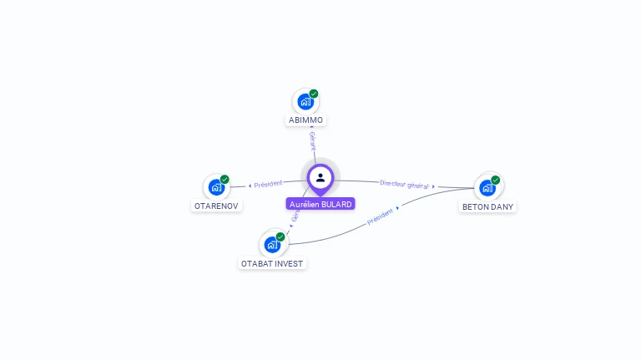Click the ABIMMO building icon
(305, 102)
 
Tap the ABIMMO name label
(305, 120)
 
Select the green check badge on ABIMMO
(314, 94)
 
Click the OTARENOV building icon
(216, 187)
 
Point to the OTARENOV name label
(217, 206)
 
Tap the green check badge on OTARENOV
(225, 179)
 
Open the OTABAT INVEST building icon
(272, 244)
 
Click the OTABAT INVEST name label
(273, 263)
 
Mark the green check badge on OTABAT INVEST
(280, 236)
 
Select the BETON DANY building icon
(487, 187)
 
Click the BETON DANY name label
(488, 206)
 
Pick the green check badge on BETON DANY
(496, 180)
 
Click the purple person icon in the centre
(320, 177)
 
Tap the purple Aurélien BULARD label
(320, 204)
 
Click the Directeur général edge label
(404, 184)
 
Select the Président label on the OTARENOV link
(269, 184)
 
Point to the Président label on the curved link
(380, 216)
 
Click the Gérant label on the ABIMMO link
(312, 140)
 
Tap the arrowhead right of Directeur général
(434, 186)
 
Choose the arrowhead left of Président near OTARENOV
(250, 186)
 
